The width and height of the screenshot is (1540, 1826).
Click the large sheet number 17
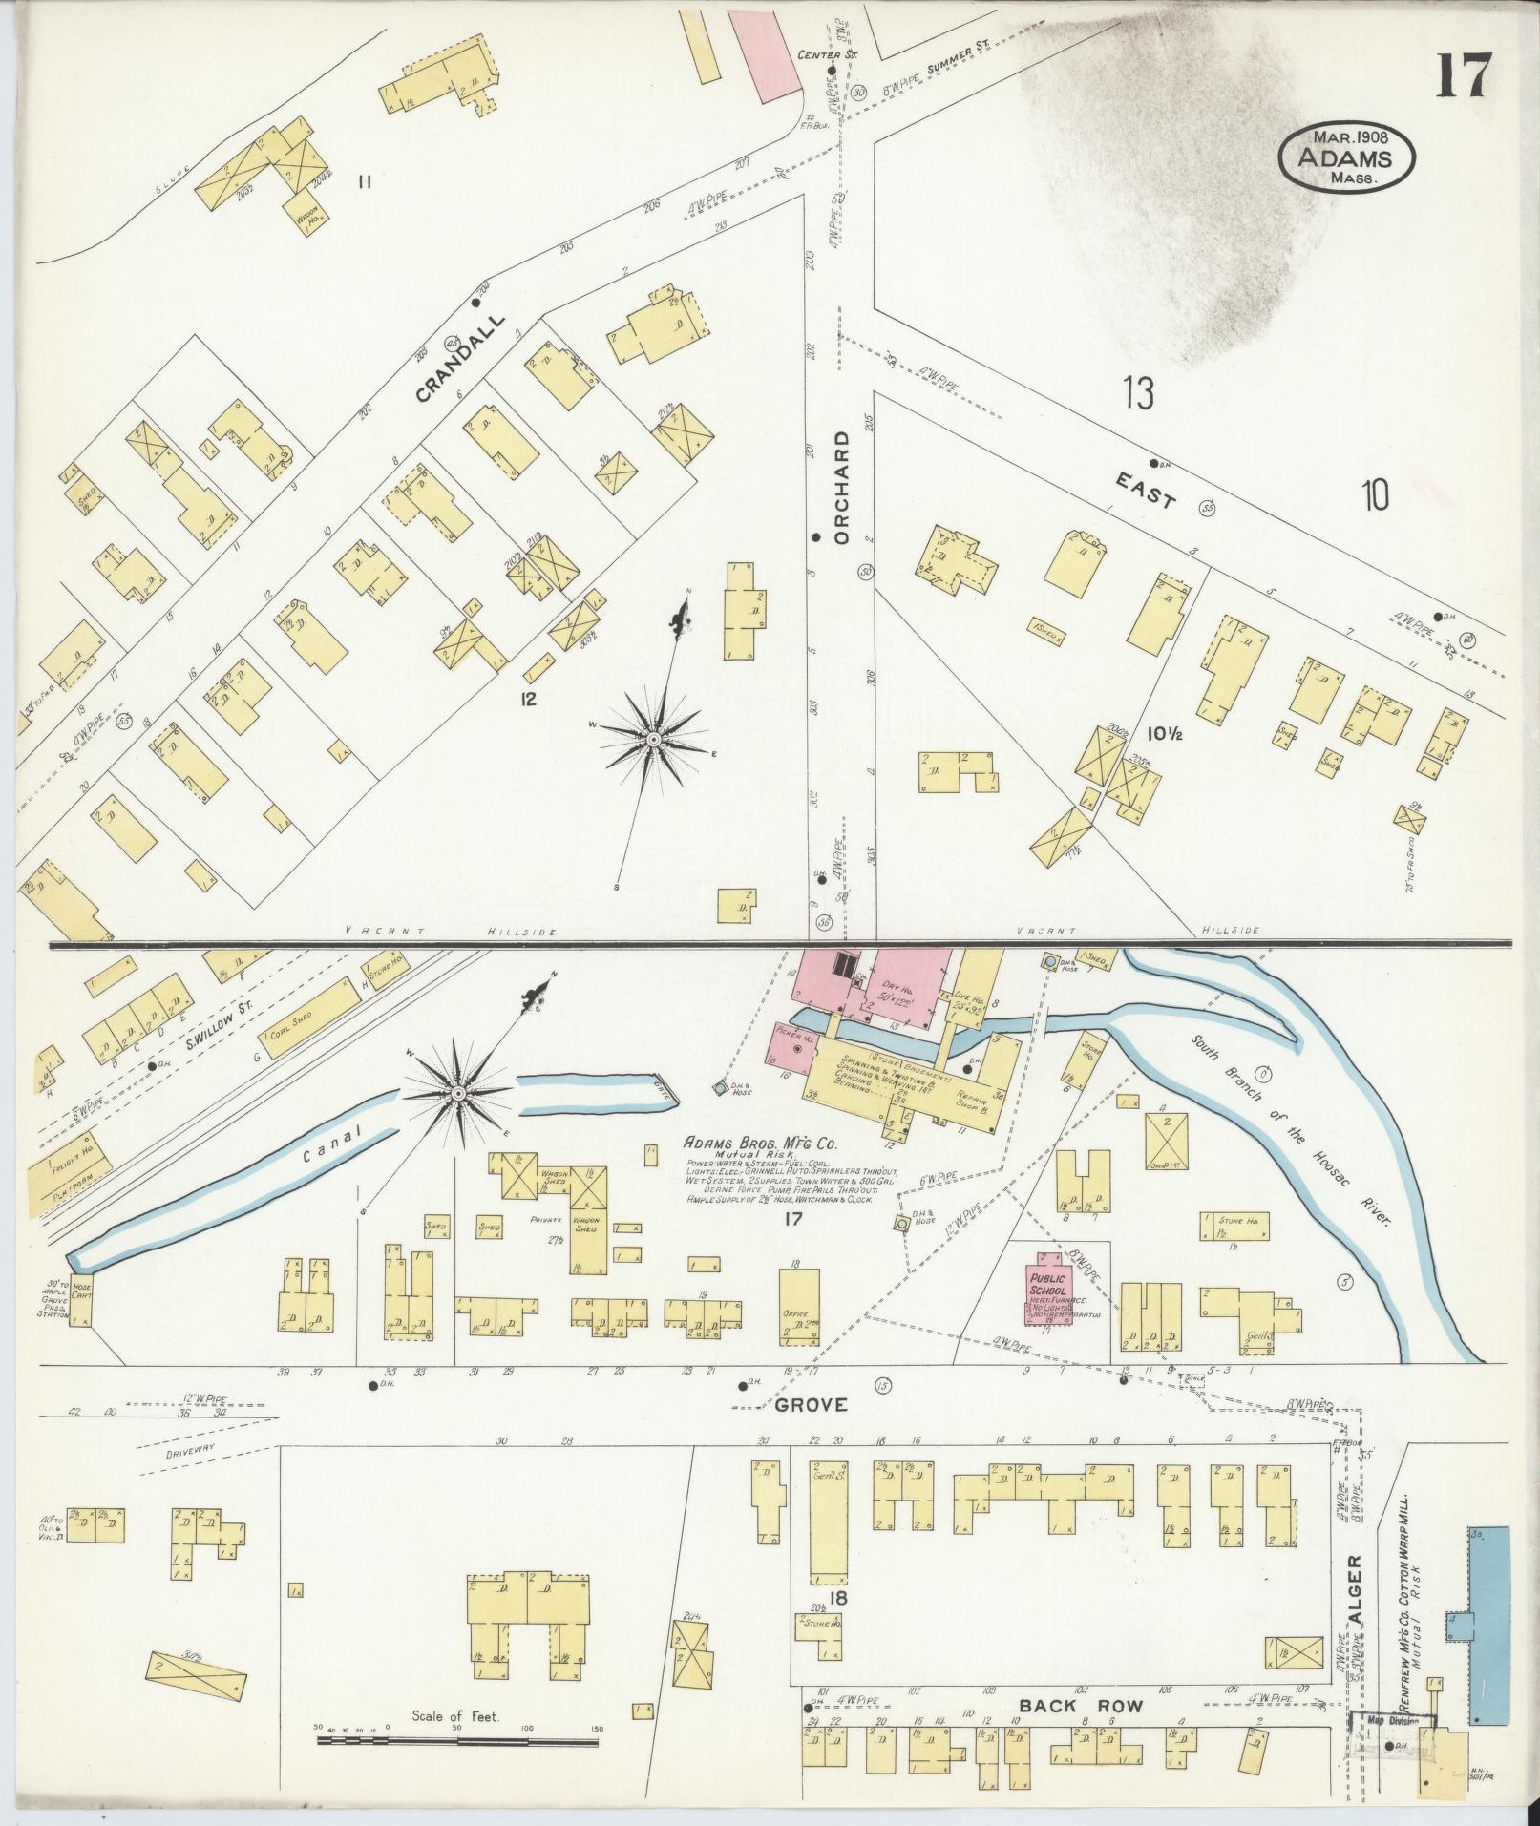coord(1461,73)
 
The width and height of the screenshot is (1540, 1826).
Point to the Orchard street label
coord(841,487)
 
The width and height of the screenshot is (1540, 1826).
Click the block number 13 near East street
coord(1138,393)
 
